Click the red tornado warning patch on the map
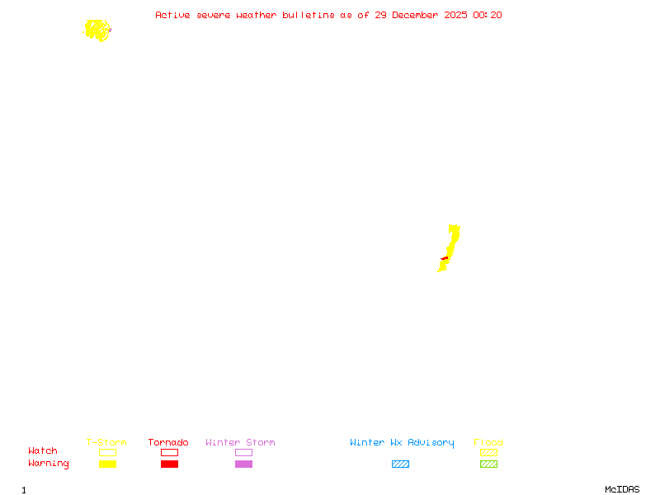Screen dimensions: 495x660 pos(445,259)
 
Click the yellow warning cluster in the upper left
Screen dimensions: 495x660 pos(97,31)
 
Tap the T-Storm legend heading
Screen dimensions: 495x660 pos(106,443)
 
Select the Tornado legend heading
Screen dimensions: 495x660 pos(168,443)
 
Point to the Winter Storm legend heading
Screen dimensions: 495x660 pos(240,443)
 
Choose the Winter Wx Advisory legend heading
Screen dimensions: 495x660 pos(402,443)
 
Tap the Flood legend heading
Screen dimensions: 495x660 pos(488,443)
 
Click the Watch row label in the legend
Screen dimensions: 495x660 pos(43,451)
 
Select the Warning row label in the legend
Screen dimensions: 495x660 pos(49,464)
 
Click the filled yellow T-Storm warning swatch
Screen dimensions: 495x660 pos(107,464)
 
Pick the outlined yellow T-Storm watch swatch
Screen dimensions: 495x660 pos(107,452)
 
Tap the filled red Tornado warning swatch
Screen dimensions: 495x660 pos(169,464)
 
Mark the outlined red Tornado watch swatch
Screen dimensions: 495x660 pos(169,452)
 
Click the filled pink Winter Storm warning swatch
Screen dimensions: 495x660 pos(243,464)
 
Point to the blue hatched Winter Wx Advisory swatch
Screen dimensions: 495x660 pos(400,464)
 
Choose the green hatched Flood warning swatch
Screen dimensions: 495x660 pos(488,464)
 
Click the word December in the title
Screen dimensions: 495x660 pos(417,15)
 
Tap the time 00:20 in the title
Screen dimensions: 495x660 pos(488,15)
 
